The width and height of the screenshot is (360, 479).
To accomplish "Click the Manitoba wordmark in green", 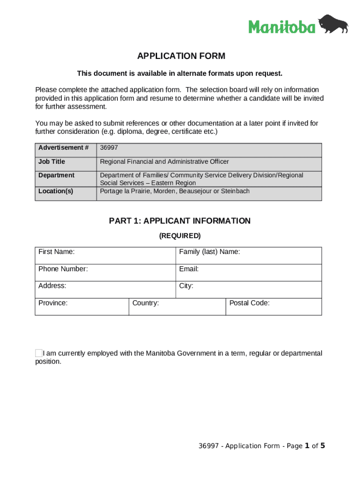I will pyautogui.click(x=281, y=27).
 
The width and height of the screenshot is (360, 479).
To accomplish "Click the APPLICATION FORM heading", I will pyautogui.click(x=181, y=56).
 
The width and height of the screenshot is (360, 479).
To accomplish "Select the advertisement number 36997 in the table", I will pyautogui.click(x=108, y=148).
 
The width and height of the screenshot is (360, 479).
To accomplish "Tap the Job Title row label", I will pyautogui.click(x=52, y=162).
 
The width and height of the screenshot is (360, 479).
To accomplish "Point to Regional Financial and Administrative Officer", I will pyautogui.click(x=164, y=162).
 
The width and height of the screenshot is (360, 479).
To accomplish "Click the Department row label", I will pyautogui.click(x=57, y=175).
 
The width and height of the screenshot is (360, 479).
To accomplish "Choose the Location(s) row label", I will pyautogui.click(x=56, y=191).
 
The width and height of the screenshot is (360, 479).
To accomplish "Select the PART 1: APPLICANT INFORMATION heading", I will pyautogui.click(x=180, y=221).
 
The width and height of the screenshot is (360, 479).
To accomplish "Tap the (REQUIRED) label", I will pyautogui.click(x=180, y=236).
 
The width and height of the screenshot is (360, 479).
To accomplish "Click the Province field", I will pyautogui.click(x=82, y=307).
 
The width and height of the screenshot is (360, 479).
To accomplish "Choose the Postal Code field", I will pyautogui.click(x=274, y=307).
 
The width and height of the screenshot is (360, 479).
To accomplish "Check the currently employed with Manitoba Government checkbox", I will pyautogui.click(x=39, y=353).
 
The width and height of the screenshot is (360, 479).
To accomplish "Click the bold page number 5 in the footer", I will pyautogui.click(x=322, y=446).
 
